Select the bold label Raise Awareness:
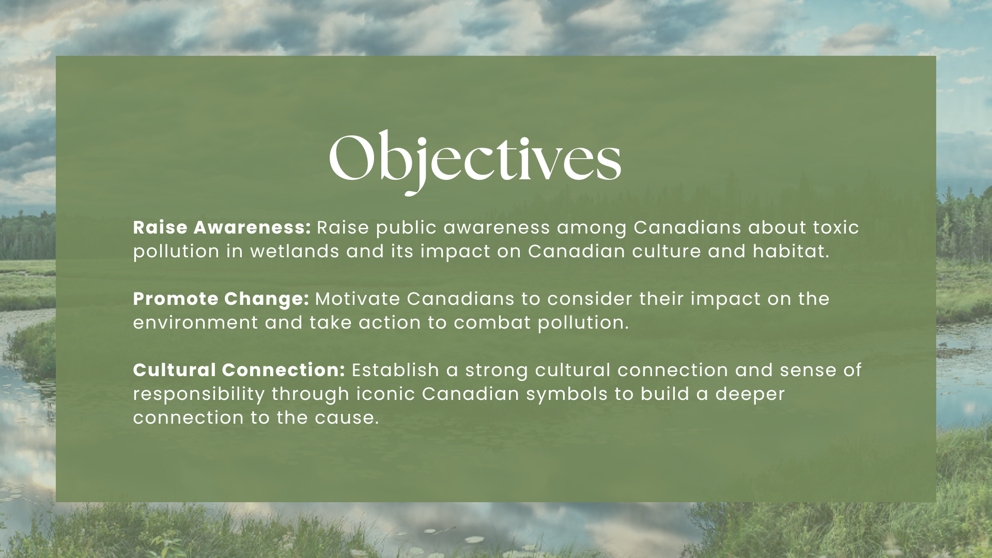click(x=222, y=227)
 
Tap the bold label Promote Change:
click(x=221, y=299)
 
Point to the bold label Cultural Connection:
click(x=239, y=370)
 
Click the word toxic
click(x=836, y=227)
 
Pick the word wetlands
click(x=295, y=251)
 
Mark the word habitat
click(x=791, y=251)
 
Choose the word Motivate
click(x=358, y=299)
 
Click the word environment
click(x=195, y=323)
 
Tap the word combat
click(x=492, y=323)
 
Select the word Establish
click(x=395, y=370)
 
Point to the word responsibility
click(x=199, y=394)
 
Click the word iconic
click(x=385, y=394)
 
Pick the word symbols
click(x=567, y=394)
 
